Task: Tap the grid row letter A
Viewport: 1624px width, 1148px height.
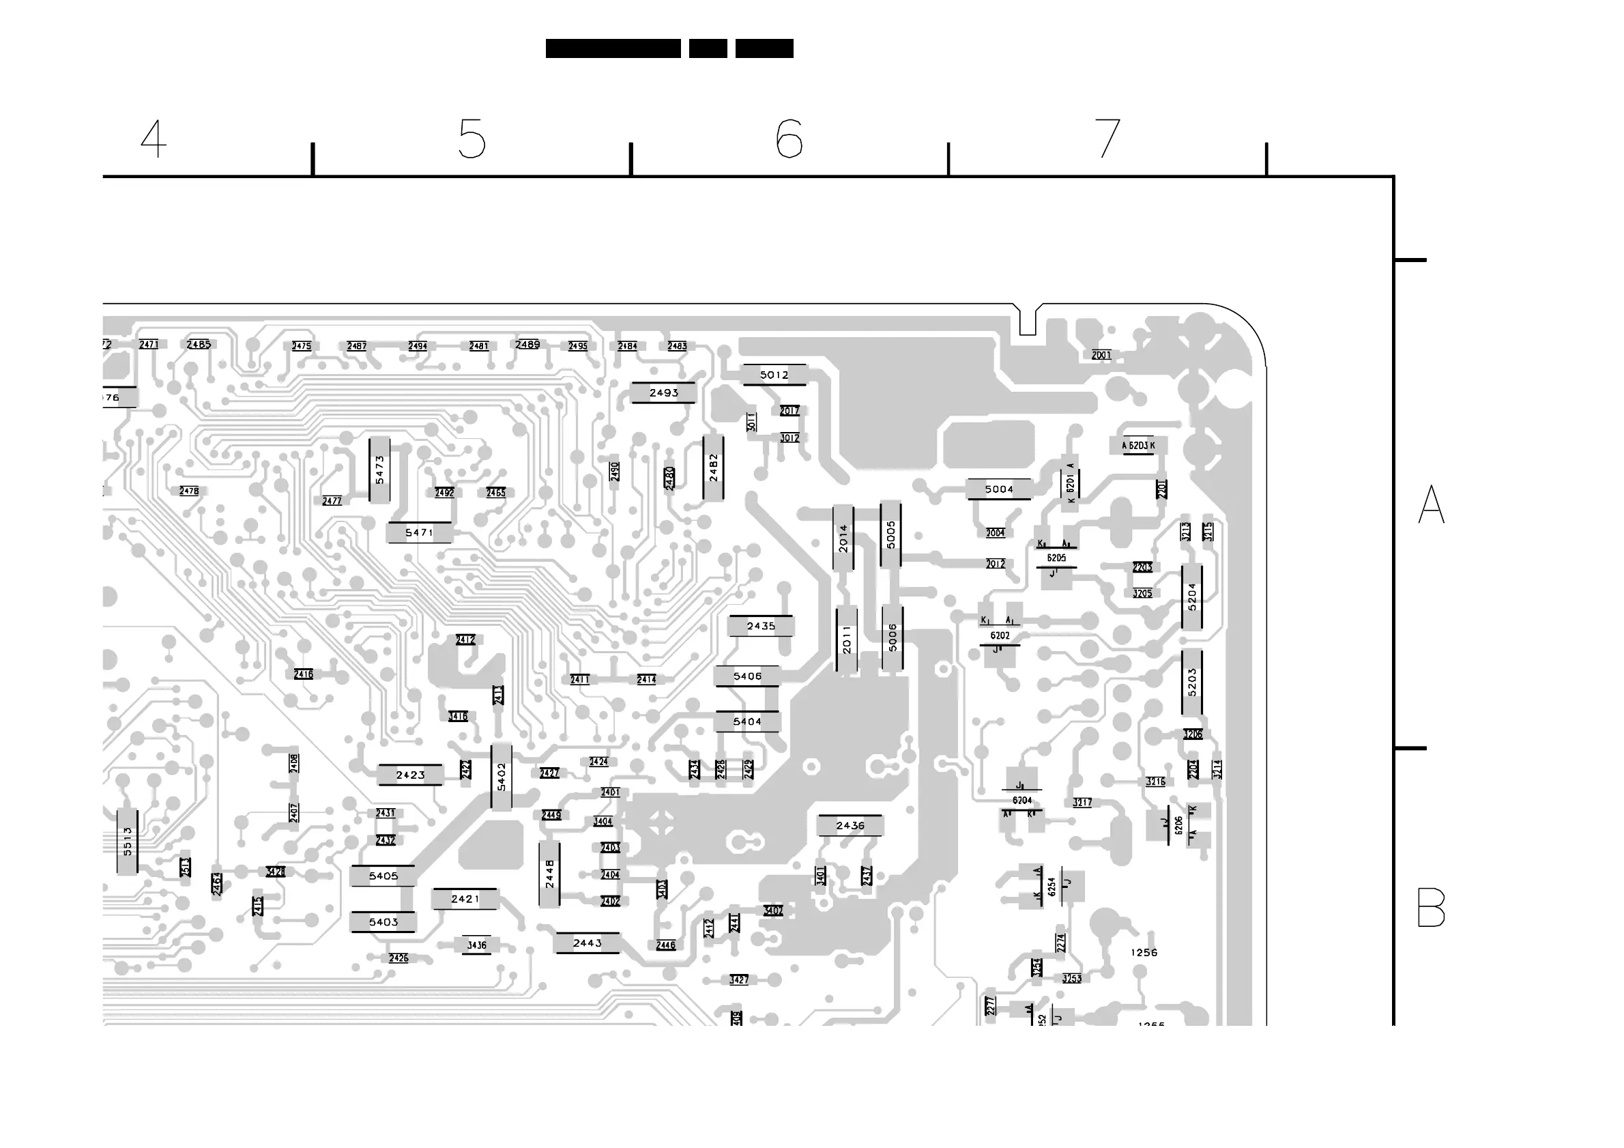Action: click(1431, 504)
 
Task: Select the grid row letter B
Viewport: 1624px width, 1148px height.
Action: click(1431, 908)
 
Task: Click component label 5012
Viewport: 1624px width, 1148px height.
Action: click(774, 375)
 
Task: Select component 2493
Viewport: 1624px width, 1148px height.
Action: click(663, 392)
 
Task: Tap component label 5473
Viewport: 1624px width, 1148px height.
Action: click(380, 470)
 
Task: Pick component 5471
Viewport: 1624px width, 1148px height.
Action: click(420, 532)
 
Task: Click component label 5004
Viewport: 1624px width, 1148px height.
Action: click(999, 489)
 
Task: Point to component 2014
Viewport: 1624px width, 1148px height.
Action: click(843, 539)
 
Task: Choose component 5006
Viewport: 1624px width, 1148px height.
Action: click(893, 637)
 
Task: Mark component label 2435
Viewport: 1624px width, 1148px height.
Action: click(761, 626)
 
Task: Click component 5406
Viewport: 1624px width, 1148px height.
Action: click(748, 676)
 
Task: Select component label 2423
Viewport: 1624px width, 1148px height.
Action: click(410, 775)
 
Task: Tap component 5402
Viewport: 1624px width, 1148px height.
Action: click(502, 777)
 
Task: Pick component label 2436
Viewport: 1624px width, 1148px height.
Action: click(850, 825)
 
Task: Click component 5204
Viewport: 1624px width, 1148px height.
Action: click(1192, 597)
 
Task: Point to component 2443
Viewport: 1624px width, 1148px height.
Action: click(587, 943)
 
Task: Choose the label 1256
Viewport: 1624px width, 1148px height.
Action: click(1144, 953)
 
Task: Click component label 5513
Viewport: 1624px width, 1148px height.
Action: click(128, 841)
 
